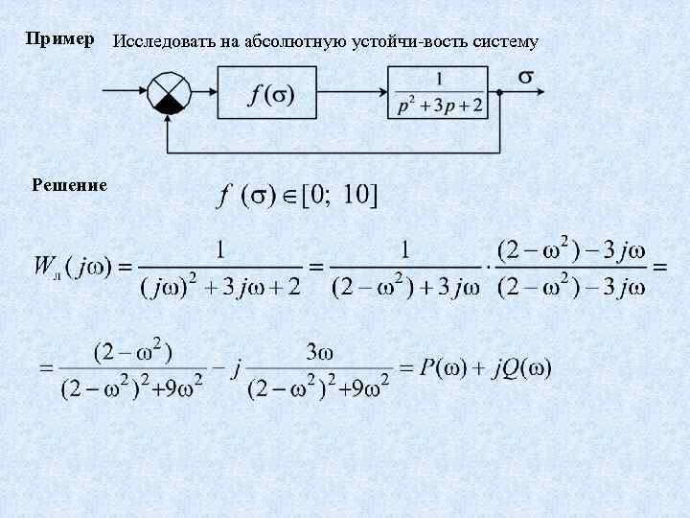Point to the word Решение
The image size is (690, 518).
[69, 183]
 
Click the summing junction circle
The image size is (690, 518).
[170, 92]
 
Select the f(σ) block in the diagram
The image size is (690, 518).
[272, 94]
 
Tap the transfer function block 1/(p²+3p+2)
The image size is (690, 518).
[440, 93]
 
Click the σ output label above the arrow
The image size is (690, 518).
[526, 76]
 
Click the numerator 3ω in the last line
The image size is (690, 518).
[318, 352]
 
